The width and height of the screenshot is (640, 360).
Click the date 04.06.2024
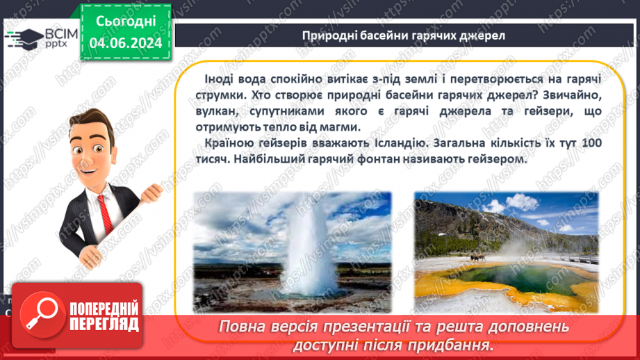(125, 43)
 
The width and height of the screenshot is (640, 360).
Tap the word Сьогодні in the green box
(125, 21)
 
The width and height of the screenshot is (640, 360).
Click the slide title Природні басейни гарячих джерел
(404, 35)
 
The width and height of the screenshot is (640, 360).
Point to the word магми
(341, 126)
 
